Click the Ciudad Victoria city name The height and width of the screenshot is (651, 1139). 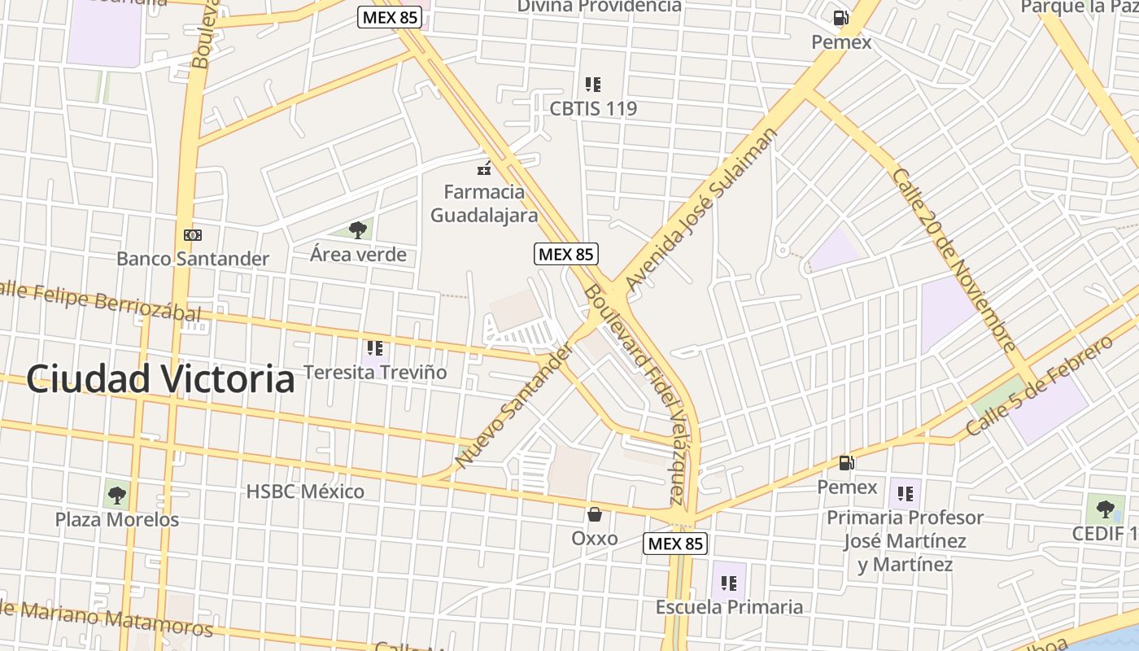[x=159, y=379]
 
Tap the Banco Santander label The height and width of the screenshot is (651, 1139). [x=192, y=259]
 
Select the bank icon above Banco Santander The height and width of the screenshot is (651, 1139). [x=192, y=235]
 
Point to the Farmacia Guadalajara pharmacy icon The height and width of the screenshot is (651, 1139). [x=484, y=169]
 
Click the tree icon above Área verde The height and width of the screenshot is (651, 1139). [x=357, y=230]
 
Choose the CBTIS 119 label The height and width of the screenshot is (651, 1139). [x=593, y=108]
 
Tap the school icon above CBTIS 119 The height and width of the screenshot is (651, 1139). [x=593, y=84]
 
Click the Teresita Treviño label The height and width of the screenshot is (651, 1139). [x=375, y=372]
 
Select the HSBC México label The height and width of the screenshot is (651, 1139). [x=305, y=492]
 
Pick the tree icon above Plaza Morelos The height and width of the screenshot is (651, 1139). [x=117, y=494]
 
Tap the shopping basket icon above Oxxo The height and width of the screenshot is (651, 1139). [x=595, y=514]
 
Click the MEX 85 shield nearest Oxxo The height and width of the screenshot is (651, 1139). [x=675, y=544]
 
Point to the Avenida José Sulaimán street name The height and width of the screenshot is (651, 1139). [x=701, y=209]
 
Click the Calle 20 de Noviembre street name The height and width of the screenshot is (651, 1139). [x=953, y=260]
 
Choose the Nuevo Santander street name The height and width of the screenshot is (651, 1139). [x=513, y=406]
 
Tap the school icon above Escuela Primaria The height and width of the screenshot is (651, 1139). [x=729, y=583]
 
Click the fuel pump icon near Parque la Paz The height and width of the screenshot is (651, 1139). [x=840, y=17]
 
